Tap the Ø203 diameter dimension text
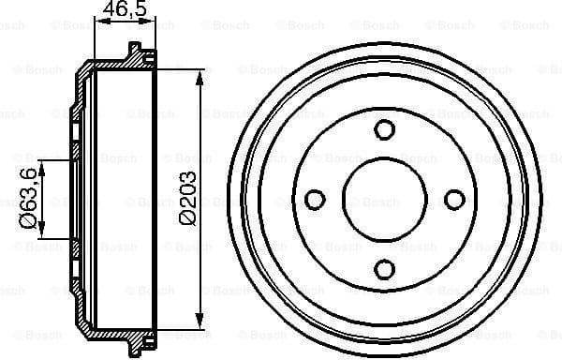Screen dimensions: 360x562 tap(187, 198)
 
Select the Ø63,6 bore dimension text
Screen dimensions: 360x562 tap(29, 199)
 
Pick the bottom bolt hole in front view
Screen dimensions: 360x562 tap(385, 269)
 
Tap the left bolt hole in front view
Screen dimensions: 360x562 tap(316, 200)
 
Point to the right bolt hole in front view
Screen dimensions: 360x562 tap(454, 200)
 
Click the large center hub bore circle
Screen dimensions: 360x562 tap(385, 200)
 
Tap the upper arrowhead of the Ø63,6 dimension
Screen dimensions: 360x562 tap(43, 166)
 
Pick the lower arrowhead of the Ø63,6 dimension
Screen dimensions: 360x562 tap(43, 234)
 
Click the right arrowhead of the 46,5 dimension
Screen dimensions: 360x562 tap(151, 22)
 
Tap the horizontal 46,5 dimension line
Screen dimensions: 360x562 tap(126, 22)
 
